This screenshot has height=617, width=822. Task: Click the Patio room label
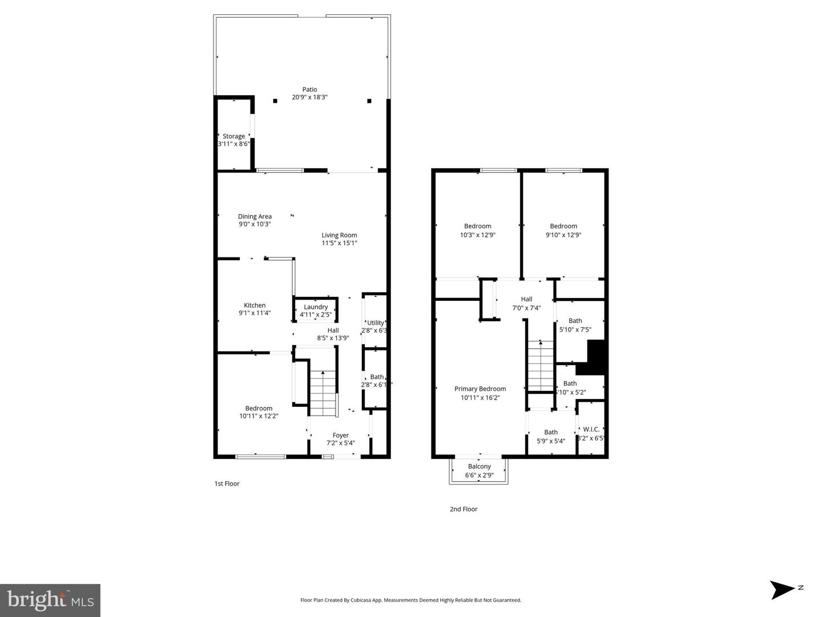(x=309, y=90)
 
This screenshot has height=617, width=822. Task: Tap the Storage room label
(x=233, y=136)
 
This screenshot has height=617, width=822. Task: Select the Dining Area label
(x=255, y=216)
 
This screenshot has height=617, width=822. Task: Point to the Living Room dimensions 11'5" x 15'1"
(x=339, y=243)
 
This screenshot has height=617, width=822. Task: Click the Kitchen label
(x=255, y=305)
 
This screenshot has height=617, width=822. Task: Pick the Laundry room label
(x=316, y=307)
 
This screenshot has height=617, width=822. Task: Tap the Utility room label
(x=376, y=323)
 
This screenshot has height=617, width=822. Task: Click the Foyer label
(x=341, y=435)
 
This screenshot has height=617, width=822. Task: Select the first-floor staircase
(x=323, y=394)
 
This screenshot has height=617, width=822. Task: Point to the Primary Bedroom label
(x=480, y=389)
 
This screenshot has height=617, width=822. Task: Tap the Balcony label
(x=479, y=466)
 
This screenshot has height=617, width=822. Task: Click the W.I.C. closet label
(x=591, y=429)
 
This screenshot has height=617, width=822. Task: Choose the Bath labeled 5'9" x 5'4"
(x=551, y=437)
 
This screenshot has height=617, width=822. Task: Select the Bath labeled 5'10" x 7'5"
(x=575, y=325)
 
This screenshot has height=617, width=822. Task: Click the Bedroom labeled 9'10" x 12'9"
(x=563, y=230)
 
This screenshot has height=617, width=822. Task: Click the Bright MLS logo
(x=50, y=600)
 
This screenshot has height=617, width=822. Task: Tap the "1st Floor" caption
(x=227, y=483)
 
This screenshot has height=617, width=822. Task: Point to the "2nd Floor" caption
(x=464, y=509)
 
